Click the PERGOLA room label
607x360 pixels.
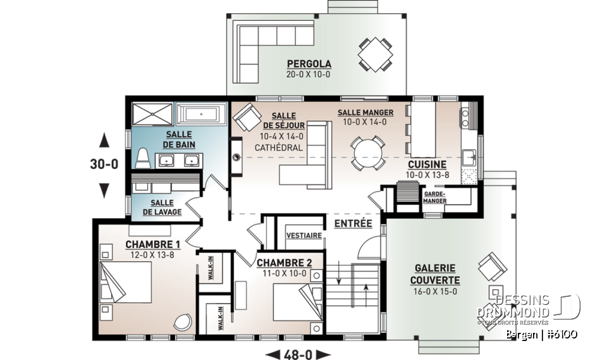point(309,64)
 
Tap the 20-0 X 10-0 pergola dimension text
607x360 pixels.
point(309,74)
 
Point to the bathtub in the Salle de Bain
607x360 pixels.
point(200,115)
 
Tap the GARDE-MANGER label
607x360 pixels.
point(435,197)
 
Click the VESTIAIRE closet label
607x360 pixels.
point(304,235)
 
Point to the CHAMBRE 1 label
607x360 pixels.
point(152,244)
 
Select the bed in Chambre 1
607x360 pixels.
point(126,285)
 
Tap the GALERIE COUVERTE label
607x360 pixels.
point(435,274)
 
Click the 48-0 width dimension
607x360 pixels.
point(297,354)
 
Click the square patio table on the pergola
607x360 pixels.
point(374,54)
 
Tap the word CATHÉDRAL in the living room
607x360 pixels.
point(278,147)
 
